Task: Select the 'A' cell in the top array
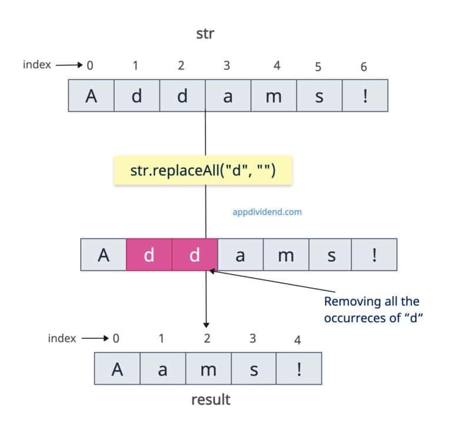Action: (91, 96)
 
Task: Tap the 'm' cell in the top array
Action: (274, 96)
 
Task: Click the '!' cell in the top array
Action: (365, 96)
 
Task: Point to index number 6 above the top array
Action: (364, 67)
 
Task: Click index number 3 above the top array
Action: (227, 66)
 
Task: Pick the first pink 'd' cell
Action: (149, 254)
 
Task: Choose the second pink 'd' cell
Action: (195, 254)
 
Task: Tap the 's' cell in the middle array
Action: (331, 254)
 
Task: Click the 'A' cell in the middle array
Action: (104, 254)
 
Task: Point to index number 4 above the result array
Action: (298, 340)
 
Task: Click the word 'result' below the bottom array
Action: (211, 400)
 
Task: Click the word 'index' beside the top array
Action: (36, 65)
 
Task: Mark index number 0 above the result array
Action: (116, 338)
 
